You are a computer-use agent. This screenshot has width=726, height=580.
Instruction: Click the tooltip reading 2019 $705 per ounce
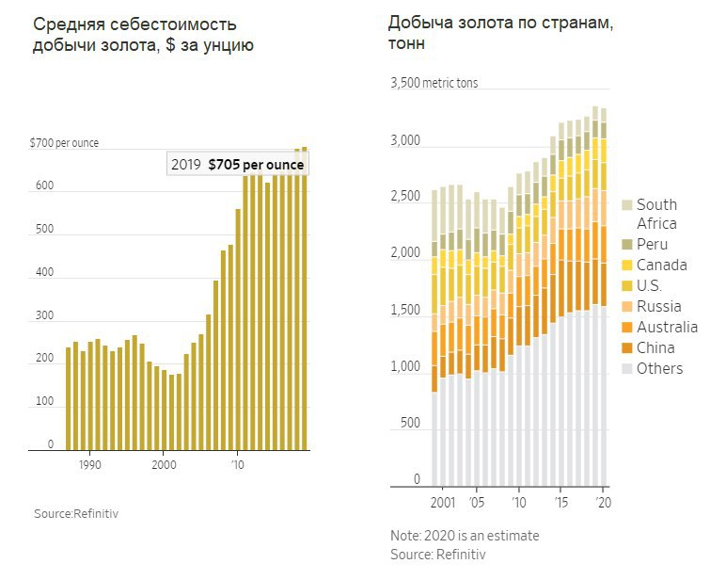click(x=238, y=164)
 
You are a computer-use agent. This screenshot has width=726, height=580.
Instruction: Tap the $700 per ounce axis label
click(x=64, y=143)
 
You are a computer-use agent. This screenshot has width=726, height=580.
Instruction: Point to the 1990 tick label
click(x=90, y=464)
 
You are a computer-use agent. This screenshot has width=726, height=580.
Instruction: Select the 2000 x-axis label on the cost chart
click(x=164, y=464)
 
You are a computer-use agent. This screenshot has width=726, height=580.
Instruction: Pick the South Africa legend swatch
click(x=626, y=205)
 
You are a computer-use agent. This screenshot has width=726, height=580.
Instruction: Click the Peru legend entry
click(x=653, y=244)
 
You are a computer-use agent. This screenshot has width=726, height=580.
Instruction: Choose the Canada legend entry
click(x=661, y=265)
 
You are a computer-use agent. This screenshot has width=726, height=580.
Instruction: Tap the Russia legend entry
click(x=658, y=306)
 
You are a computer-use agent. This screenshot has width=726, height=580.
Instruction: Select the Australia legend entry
click(x=667, y=327)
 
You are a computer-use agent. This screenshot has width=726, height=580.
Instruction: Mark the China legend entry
click(x=655, y=347)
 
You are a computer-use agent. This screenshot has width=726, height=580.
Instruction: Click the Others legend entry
click(x=659, y=368)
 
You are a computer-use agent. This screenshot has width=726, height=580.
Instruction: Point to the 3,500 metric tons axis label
click(x=434, y=83)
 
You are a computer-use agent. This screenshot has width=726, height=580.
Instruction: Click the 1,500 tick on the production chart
click(x=405, y=310)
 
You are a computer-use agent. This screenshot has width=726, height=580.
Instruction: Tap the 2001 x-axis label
click(x=442, y=502)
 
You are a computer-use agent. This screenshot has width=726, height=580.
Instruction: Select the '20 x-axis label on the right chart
click(x=605, y=502)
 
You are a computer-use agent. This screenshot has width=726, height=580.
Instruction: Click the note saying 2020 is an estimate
click(x=465, y=536)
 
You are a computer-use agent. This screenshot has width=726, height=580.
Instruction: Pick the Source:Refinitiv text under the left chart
click(x=77, y=513)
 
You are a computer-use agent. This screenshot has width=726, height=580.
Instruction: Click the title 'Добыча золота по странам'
click(x=500, y=23)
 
